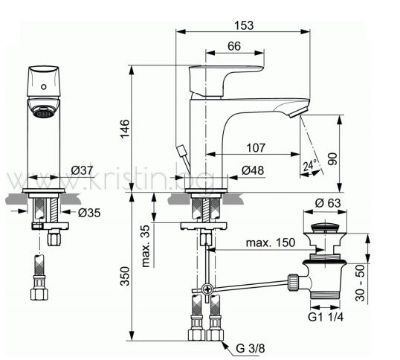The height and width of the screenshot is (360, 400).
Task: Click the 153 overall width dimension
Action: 244,25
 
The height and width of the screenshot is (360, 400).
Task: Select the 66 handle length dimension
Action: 234,46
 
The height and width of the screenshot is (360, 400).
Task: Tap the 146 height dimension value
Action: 125,129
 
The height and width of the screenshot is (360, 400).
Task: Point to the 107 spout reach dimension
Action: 256,148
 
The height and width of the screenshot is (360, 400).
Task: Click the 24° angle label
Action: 310,165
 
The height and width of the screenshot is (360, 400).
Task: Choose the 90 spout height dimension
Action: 332,159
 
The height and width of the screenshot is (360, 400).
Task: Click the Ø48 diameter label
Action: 253,170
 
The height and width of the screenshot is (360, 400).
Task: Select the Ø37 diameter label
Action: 82,170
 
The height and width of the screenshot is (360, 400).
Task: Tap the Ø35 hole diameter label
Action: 89,213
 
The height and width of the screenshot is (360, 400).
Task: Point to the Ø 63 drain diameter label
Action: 328,203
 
